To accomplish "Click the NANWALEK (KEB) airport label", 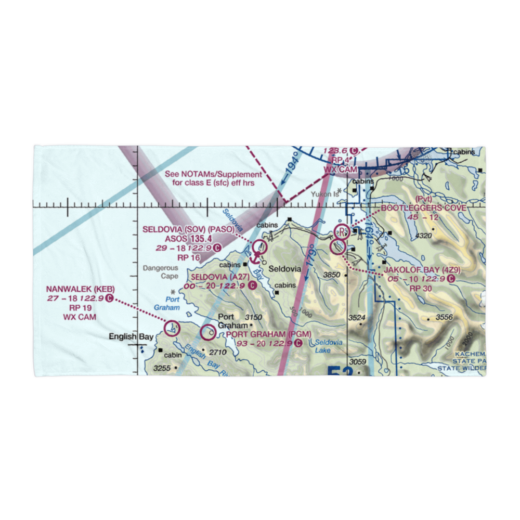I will click(80, 290).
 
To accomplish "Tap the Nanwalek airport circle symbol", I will click(172, 328).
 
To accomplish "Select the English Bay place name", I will click(131, 337).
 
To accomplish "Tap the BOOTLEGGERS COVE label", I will click(423, 208).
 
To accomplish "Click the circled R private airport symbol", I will click(342, 230).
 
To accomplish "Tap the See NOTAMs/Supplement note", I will click(213, 178).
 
